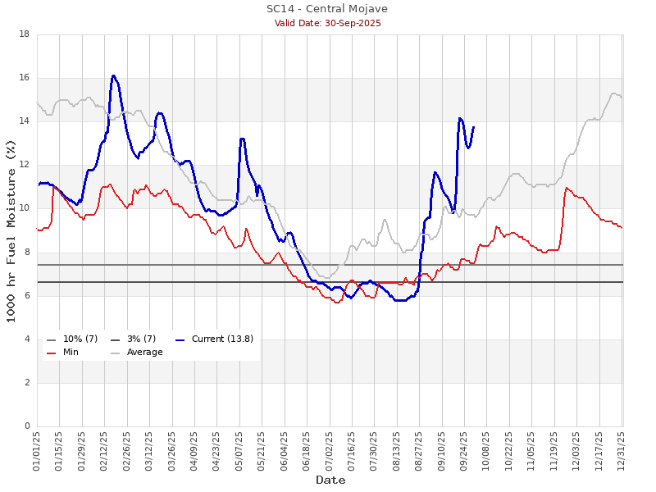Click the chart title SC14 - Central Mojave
(327, 9)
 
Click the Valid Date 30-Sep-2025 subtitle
(327, 23)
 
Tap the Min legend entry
(71, 352)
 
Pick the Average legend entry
(144, 352)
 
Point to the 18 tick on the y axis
(25, 34)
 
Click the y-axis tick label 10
(25, 208)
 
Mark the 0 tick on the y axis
(27, 426)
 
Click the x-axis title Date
(330, 481)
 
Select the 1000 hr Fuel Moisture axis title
(11, 230)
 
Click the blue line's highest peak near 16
(114, 75)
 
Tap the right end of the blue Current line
(473, 127)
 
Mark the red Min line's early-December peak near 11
(567, 188)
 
